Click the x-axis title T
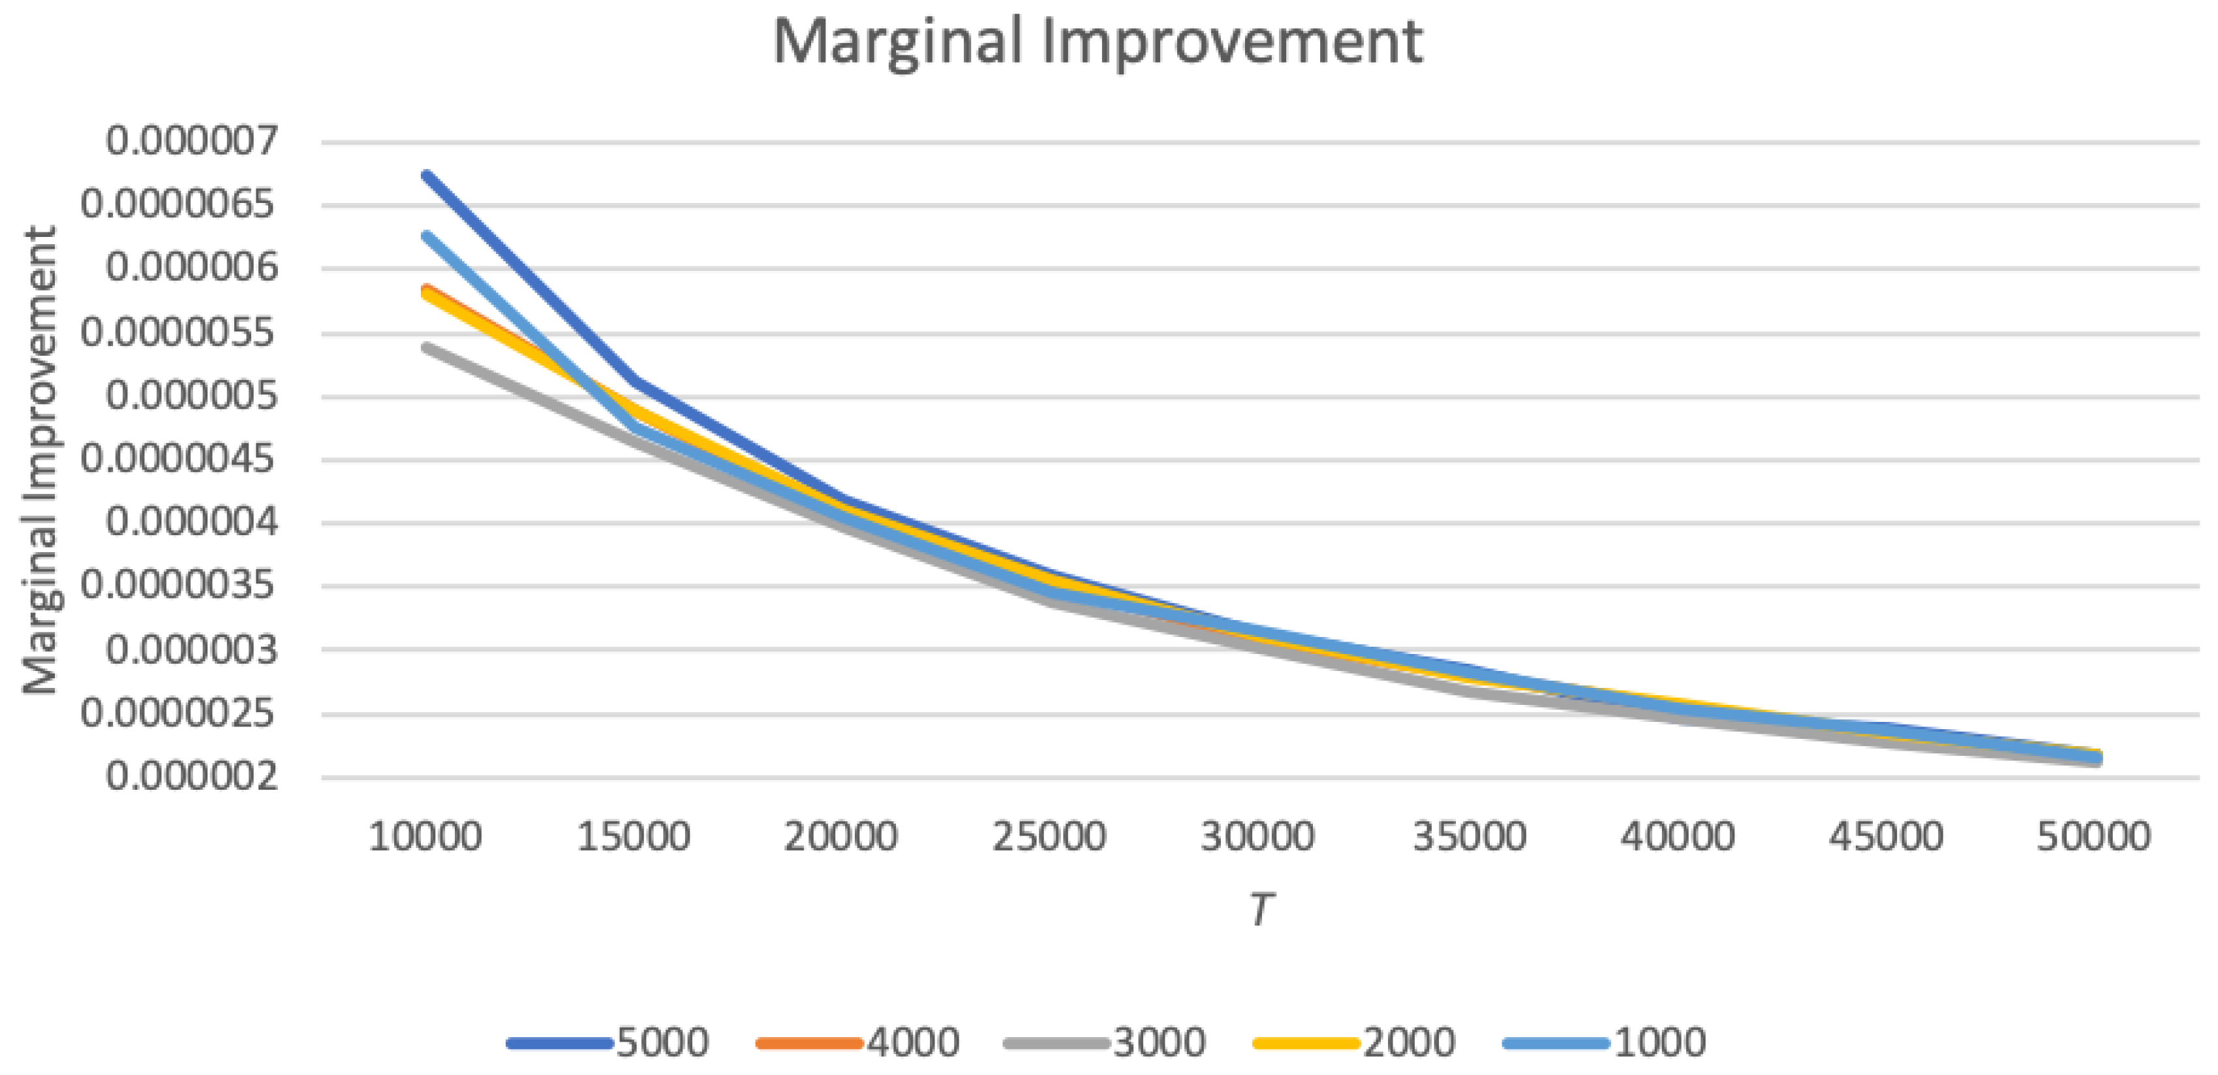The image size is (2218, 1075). (1259, 909)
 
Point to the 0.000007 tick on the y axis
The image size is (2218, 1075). (192, 140)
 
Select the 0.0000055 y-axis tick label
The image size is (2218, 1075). (179, 332)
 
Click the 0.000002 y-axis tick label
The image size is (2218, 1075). (192, 777)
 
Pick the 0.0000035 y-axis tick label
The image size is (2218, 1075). (179, 585)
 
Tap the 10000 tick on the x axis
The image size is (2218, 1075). (425, 836)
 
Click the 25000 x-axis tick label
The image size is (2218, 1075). (1049, 836)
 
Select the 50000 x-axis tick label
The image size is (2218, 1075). (2093, 836)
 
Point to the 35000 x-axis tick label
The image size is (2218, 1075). (1469, 836)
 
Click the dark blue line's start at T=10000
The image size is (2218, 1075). (426, 175)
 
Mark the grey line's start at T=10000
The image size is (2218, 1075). (426, 347)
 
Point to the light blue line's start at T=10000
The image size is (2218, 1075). (426, 234)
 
